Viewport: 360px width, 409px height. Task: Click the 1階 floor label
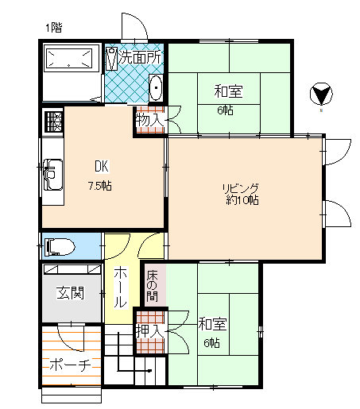[x=54, y=28]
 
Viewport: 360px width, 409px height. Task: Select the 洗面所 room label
[x=140, y=57]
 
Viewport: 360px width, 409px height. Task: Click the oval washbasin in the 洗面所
[x=156, y=87]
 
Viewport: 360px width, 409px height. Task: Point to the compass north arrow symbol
[x=321, y=94]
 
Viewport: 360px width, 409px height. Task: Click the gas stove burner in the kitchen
[x=54, y=122]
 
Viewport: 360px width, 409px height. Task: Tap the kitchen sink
[x=53, y=175]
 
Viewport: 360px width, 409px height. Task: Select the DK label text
[x=102, y=167]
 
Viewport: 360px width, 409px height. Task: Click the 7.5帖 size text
[x=99, y=186]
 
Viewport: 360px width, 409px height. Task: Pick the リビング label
[x=240, y=189]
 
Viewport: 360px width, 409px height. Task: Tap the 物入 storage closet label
[x=149, y=121]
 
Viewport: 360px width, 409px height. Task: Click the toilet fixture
[x=60, y=247]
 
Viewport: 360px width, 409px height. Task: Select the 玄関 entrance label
[x=71, y=293]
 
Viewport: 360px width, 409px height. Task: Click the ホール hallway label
[x=120, y=287]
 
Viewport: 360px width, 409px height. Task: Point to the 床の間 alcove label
[x=153, y=286]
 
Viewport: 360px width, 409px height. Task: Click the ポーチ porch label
[x=71, y=365]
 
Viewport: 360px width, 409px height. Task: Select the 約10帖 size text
[x=242, y=200]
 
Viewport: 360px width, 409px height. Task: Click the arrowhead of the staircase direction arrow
[x=149, y=371]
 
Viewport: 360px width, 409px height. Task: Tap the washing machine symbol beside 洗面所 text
[x=111, y=59]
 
